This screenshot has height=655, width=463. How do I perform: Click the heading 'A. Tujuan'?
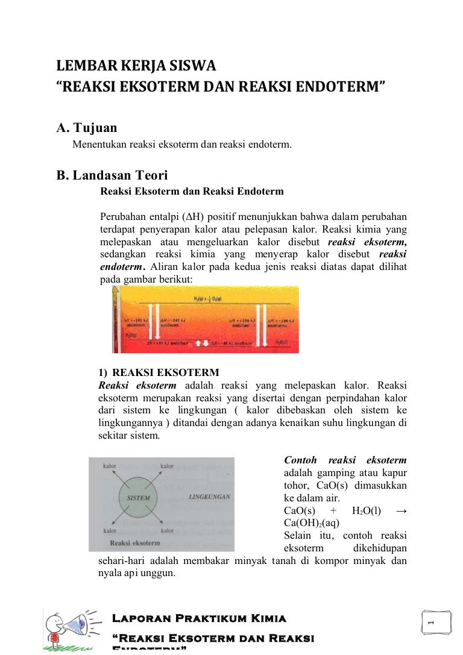86,128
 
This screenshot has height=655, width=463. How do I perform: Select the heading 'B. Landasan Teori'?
112,175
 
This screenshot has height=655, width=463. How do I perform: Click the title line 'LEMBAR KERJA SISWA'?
136,65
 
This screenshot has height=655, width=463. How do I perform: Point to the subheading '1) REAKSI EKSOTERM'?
159,372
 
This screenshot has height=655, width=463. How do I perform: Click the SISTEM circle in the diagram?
138,498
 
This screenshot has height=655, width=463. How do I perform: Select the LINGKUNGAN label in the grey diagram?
209,498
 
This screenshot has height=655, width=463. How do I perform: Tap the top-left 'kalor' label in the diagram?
110,466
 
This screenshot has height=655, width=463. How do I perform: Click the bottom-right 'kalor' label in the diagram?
167,531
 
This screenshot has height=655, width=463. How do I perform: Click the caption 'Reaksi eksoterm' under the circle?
136,543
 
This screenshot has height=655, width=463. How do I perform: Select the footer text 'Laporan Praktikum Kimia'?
199,618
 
